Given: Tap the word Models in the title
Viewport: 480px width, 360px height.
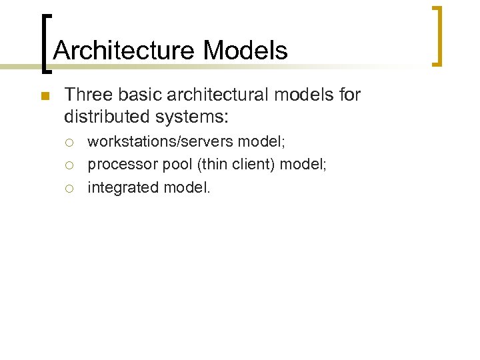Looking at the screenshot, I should [245, 51].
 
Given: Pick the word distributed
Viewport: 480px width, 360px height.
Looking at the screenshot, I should [107, 117].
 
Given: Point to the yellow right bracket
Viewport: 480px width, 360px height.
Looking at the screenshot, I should [439, 36].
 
